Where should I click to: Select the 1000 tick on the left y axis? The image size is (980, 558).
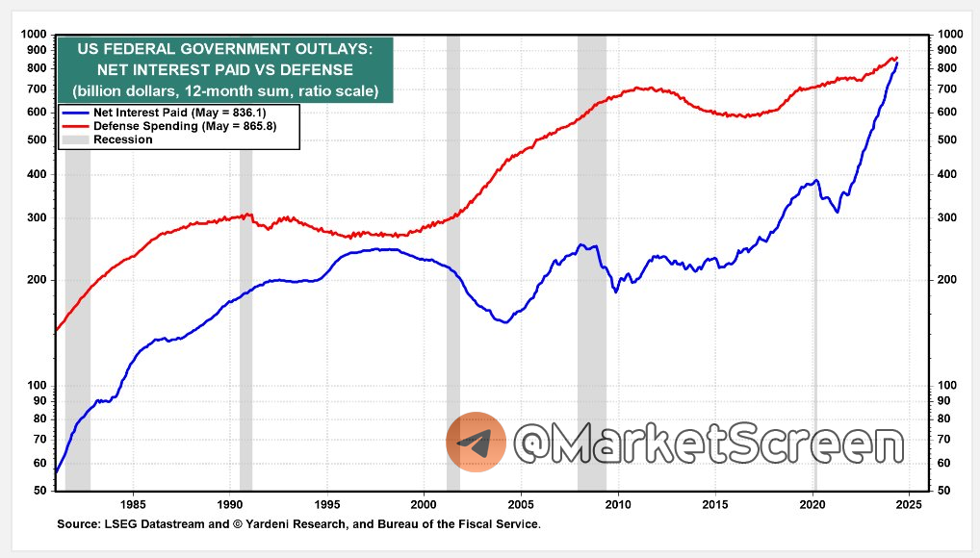[34, 36]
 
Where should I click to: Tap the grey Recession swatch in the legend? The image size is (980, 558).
[75, 139]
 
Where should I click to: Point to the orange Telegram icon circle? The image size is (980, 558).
[476, 443]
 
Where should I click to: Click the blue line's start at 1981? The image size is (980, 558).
[56, 472]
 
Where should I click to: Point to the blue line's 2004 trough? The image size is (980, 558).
[503, 321]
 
